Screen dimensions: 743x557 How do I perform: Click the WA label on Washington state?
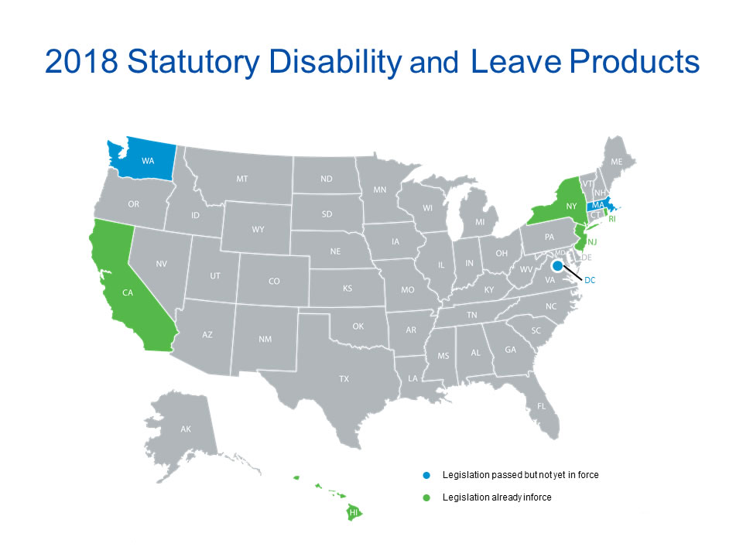coord(148,161)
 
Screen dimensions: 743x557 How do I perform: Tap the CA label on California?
coord(128,292)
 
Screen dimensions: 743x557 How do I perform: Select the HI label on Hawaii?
coord(354,512)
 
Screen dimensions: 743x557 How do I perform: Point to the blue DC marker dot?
coord(558,265)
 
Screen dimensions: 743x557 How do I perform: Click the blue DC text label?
coord(590,280)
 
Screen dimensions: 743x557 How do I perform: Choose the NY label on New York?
coord(571,206)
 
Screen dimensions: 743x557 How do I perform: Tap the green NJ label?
coord(592,242)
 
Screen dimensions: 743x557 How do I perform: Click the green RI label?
coord(612,219)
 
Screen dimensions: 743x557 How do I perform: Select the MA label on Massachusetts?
coord(598,205)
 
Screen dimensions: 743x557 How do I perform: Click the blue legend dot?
coord(426,475)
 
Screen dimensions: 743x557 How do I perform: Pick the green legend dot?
coord(426,497)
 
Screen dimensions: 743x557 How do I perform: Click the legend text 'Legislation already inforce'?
coord(497,497)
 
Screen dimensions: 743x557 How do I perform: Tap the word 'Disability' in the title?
coord(335,62)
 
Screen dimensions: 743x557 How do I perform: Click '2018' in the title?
coord(81,62)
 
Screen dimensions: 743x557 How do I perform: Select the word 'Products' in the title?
coord(635,62)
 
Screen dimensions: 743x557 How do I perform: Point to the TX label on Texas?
coord(344,379)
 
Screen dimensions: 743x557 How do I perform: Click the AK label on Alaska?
coord(186,429)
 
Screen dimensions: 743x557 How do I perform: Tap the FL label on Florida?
coord(541,406)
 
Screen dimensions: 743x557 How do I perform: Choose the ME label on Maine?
coord(617,162)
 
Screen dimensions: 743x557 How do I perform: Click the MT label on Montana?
coord(242,179)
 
